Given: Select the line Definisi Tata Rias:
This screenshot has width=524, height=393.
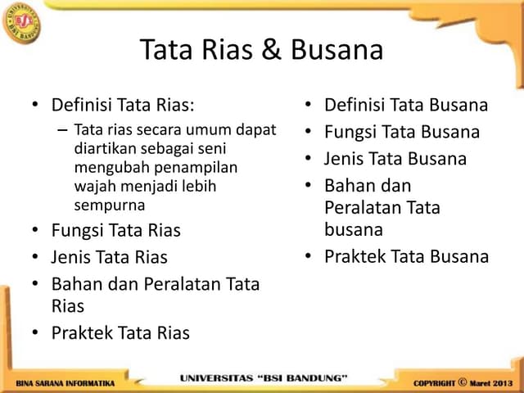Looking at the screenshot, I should click(124, 106).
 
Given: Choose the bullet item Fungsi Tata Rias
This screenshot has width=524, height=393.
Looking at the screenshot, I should click(115, 230).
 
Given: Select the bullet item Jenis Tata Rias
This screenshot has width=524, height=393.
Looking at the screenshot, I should click(109, 257).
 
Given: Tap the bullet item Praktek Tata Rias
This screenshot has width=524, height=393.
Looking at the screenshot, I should click(120, 332).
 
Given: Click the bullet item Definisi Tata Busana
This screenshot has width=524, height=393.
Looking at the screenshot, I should click(406, 106).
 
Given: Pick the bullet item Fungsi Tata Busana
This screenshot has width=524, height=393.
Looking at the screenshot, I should click(402, 132).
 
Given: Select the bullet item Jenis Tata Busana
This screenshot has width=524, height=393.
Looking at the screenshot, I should click(395, 158).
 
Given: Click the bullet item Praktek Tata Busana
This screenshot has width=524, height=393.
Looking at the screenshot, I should click(406, 256).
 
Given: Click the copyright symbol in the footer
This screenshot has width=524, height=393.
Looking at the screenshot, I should click(462, 382).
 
